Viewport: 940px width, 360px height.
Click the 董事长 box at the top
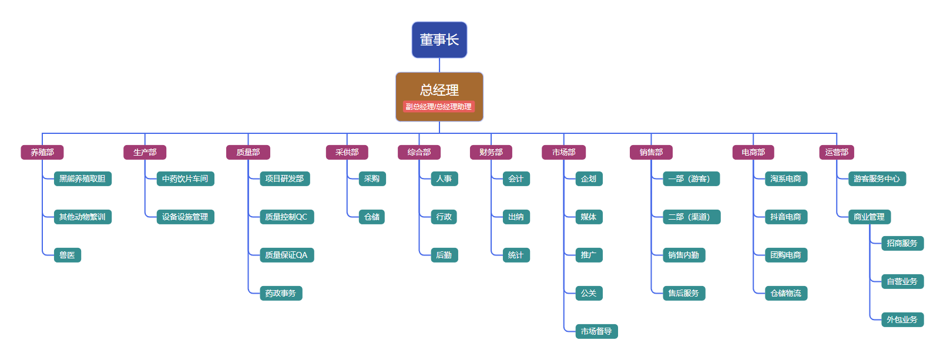[x=439, y=40]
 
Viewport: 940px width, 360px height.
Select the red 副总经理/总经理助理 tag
[x=438, y=107]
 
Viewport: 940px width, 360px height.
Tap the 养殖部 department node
[x=42, y=152]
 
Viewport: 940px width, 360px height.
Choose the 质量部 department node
[x=248, y=152]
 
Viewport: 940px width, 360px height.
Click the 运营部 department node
[x=837, y=152]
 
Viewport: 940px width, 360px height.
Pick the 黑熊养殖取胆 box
[x=82, y=179]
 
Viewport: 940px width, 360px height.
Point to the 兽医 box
[x=67, y=255]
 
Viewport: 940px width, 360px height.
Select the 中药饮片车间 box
[x=185, y=179]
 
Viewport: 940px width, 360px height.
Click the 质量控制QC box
[x=286, y=217]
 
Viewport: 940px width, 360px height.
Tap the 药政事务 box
[x=280, y=293]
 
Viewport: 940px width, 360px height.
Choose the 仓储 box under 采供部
[x=372, y=217]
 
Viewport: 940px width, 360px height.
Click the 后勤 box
[x=444, y=255]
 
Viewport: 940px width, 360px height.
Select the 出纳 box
[x=516, y=217]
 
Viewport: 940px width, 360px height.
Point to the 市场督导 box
[x=596, y=331]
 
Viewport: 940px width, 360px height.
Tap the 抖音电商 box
[x=785, y=217]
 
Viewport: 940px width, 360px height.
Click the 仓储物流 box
[x=785, y=293]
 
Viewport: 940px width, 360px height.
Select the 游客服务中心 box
[x=877, y=179]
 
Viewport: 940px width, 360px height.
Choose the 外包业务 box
[x=902, y=319]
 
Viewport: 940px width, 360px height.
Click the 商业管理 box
[x=869, y=217]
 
